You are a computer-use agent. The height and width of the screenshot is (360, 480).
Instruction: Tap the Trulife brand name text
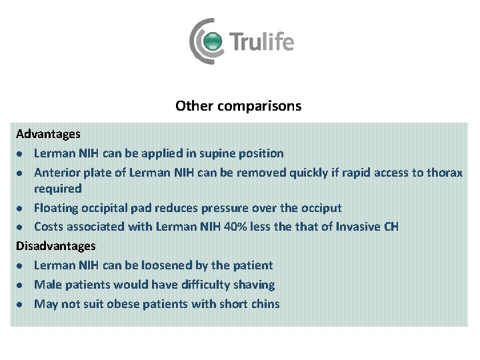pos(262,42)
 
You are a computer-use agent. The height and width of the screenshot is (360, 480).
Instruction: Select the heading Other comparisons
pos(239,106)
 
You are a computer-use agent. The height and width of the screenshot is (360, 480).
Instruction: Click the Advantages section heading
pos(48,135)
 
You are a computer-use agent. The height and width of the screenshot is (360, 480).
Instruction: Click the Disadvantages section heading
pos(56,246)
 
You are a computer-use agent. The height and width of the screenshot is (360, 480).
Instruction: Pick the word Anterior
pos(57,173)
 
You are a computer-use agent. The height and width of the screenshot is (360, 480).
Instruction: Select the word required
pos(58,189)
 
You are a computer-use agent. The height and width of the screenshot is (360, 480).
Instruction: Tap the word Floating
pos(56,208)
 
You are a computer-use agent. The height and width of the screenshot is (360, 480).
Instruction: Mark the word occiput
pos(317,208)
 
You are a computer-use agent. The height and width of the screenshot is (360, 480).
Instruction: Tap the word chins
pos(264,304)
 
